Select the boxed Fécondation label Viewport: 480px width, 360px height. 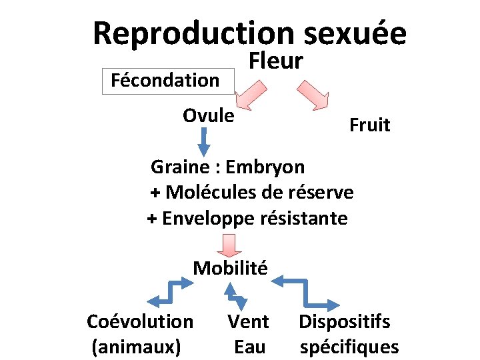pos(165,81)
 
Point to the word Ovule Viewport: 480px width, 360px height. pos(209,115)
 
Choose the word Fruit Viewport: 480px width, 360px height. pos(369,125)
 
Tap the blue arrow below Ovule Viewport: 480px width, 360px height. pos(204,141)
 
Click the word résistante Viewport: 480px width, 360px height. pos(307,218)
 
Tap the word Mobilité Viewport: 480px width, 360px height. pos(230,268)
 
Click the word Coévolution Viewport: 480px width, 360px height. pos(140,321)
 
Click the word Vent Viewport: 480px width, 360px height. pos(248,321)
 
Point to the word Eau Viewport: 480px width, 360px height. pos(249,347)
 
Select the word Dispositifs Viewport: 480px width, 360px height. pos(344,321)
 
